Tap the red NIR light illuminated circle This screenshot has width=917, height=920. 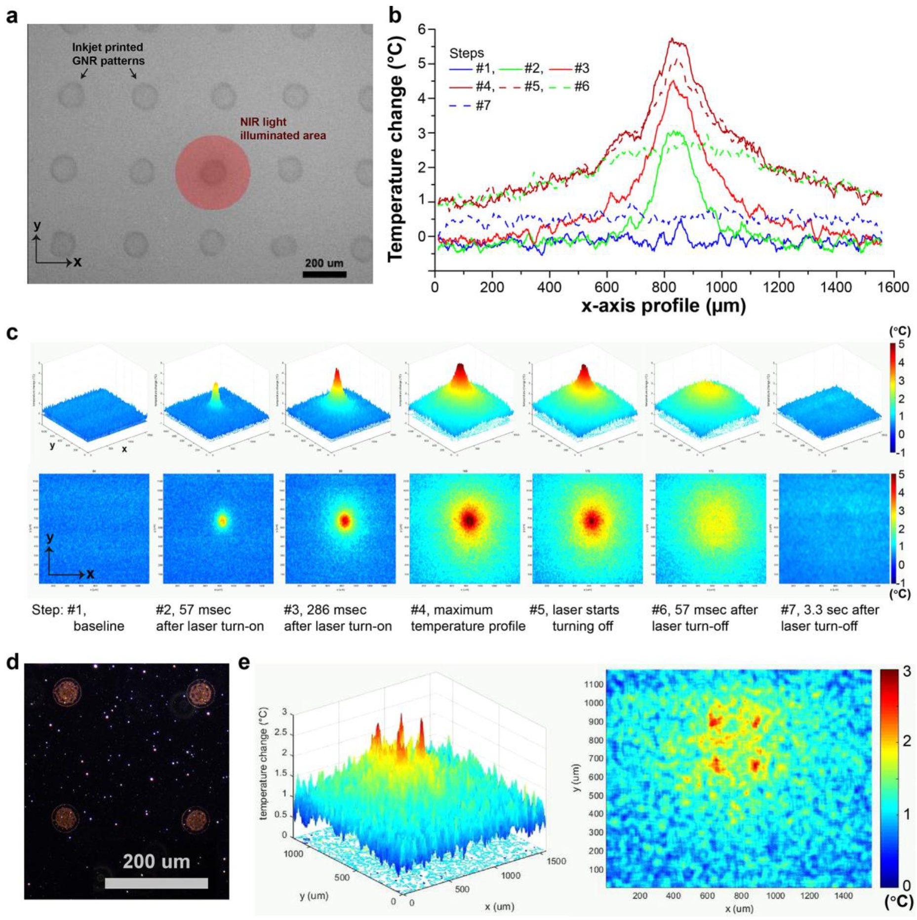coord(212,173)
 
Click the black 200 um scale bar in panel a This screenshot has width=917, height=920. coord(324,274)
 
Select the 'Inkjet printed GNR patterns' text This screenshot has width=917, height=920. coord(108,54)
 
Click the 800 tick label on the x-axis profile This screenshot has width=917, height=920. coord(664,287)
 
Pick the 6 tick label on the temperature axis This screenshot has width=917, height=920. coord(421,29)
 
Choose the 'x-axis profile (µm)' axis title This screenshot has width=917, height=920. coord(663,306)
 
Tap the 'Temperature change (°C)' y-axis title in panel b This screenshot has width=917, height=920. coord(396,148)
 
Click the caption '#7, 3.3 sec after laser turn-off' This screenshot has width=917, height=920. coord(829,618)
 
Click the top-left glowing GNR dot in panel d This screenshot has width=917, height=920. coord(66,692)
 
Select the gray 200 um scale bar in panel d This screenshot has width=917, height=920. coord(156,883)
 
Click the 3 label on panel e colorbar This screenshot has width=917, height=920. coord(907,672)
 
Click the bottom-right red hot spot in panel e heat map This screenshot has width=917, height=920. coord(755,766)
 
